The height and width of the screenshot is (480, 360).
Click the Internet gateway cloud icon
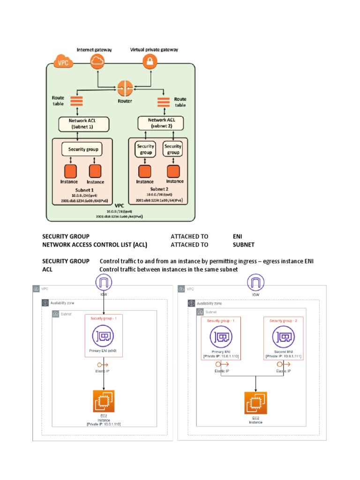pos(97,61)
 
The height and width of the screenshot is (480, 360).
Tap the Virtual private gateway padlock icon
pos(150,61)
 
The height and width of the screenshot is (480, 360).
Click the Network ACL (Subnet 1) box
pos(83,124)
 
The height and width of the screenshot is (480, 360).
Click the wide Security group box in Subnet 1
pos(82,149)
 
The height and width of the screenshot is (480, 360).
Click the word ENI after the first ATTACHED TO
pos(237,237)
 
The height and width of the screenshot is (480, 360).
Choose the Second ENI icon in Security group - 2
pos(283,337)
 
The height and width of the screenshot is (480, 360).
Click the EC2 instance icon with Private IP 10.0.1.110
pos(104,401)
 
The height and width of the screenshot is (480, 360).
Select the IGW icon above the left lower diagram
pos(104,282)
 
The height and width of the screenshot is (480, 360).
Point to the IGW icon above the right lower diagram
pos(255,282)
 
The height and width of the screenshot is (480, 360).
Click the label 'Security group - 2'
pos(283,321)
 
